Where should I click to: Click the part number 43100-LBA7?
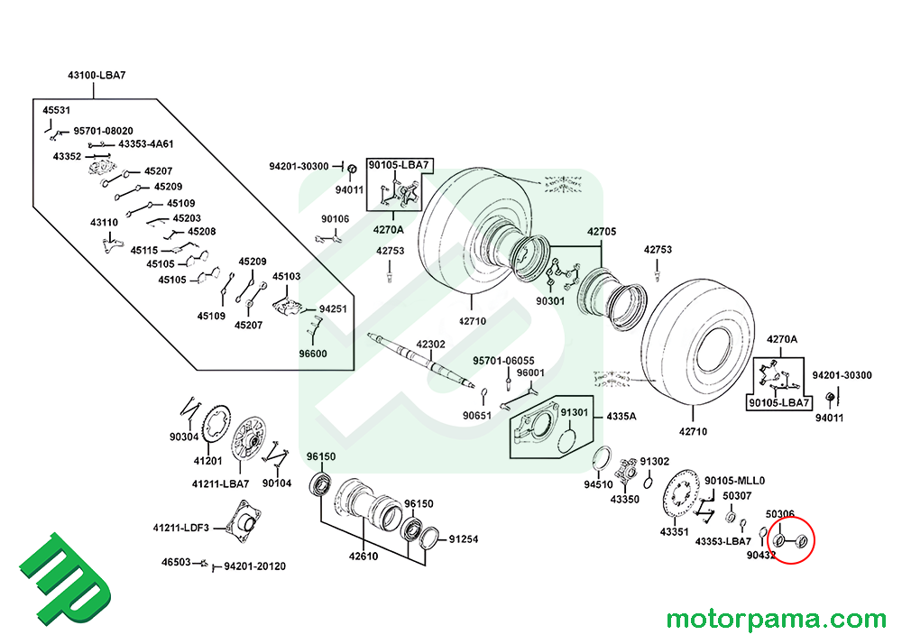[x=97, y=75]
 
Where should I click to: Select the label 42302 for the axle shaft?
[x=430, y=344]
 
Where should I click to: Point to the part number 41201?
[x=207, y=460]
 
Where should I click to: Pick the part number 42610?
[x=364, y=556]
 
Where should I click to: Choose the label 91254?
[x=464, y=539]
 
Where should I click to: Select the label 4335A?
[x=621, y=418]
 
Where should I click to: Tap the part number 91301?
[x=574, y=412]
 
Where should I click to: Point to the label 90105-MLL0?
[x=734, y=480]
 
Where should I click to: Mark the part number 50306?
[x=780, y=514]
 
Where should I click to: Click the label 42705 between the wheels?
[x=603, y=232]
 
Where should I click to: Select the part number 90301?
[x=550, y=300]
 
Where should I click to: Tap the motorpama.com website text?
[x=777, y=620]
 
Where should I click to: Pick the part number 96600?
[x=313, y=354]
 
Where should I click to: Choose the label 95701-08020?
[x=103, y=131]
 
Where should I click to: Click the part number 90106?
[x=335, y=219]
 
